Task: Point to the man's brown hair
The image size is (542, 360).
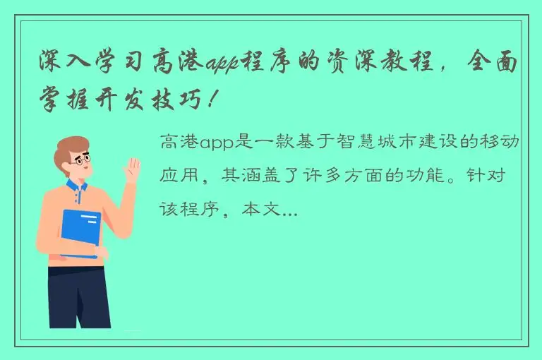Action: point(73,145)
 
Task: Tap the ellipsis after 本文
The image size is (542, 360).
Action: point(290,210)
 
